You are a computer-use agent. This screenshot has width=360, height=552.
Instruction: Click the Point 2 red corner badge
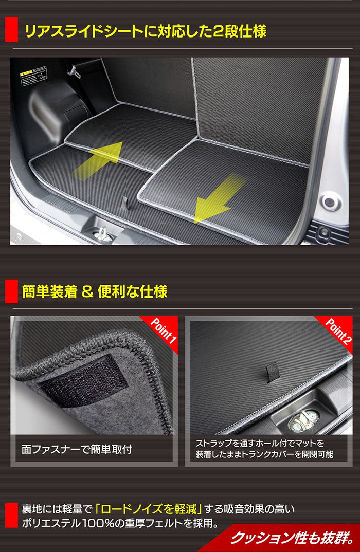(x=339, y=332)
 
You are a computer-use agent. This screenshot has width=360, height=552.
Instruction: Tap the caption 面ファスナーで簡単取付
(x=77, y=449)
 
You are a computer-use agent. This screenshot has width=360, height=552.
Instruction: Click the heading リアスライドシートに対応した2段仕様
(x=145, y=31)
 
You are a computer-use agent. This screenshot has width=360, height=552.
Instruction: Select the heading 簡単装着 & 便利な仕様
(x=95, y=292)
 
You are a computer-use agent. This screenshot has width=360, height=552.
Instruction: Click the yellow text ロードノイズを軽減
(x=149, y=510)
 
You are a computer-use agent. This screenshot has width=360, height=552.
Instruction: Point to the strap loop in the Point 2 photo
(x=273, y=372)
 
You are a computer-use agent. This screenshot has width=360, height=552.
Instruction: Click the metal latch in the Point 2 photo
(x=304, y=420)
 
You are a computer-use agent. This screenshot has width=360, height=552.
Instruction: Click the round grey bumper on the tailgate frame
(x=330, y=201)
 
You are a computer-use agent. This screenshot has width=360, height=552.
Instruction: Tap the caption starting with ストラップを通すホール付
(x=264, y=449)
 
